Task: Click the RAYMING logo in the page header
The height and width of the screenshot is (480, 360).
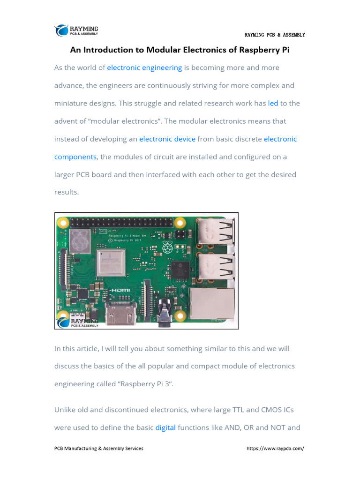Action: point(77,30)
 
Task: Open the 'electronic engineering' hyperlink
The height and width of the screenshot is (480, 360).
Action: point(144,67)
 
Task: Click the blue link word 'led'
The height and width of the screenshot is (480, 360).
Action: point(273,103)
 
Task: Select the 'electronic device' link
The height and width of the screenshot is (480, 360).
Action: point(167,139)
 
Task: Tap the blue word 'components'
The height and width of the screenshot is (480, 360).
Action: point(75,157)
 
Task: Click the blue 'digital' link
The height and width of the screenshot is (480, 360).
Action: point(165,427)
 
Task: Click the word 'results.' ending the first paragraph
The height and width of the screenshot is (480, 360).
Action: point(67,192)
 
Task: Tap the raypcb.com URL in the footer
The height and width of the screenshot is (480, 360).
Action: point(275,449)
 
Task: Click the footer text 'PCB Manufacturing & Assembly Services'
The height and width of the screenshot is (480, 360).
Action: point(99,449)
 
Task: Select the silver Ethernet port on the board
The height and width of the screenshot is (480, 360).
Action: point(211,302)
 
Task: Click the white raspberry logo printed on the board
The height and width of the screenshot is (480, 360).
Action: point(167,247)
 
